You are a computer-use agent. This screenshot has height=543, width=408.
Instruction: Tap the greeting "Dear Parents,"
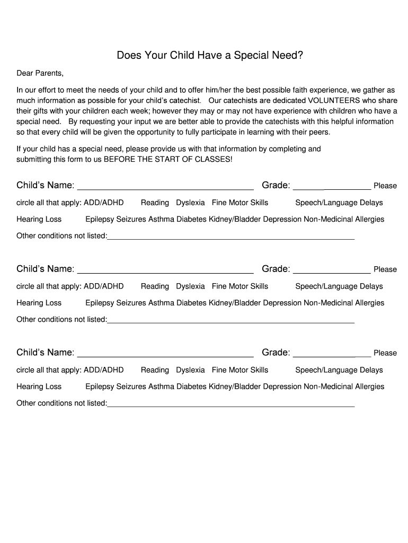(40, 73)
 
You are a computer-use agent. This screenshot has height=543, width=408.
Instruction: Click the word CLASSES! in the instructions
(215, 159)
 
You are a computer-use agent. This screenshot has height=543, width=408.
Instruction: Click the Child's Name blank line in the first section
(165, 187)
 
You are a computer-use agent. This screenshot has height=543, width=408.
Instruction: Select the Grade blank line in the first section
(332, 187)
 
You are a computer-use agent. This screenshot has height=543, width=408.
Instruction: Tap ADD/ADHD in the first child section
(104, 203)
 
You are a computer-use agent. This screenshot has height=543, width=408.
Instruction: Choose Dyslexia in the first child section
(190, 203)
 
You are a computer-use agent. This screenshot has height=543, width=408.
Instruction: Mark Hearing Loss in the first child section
(39, 219)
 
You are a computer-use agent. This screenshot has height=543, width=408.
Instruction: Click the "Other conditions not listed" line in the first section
(230, 237)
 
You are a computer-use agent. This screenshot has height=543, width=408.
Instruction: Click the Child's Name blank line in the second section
(165, 270)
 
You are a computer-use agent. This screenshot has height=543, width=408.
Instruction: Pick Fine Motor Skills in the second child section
(240, 286)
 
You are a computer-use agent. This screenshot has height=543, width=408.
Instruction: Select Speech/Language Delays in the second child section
(339, 286)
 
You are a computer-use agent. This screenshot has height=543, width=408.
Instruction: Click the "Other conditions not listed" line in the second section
(230, 321)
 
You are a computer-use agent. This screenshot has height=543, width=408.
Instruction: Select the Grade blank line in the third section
(332, 354)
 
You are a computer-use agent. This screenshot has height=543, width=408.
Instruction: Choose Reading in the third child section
(155, 370)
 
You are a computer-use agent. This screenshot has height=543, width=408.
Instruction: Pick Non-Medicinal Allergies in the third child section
(344, 387)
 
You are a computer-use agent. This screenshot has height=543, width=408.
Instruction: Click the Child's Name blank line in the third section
(165, 354)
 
